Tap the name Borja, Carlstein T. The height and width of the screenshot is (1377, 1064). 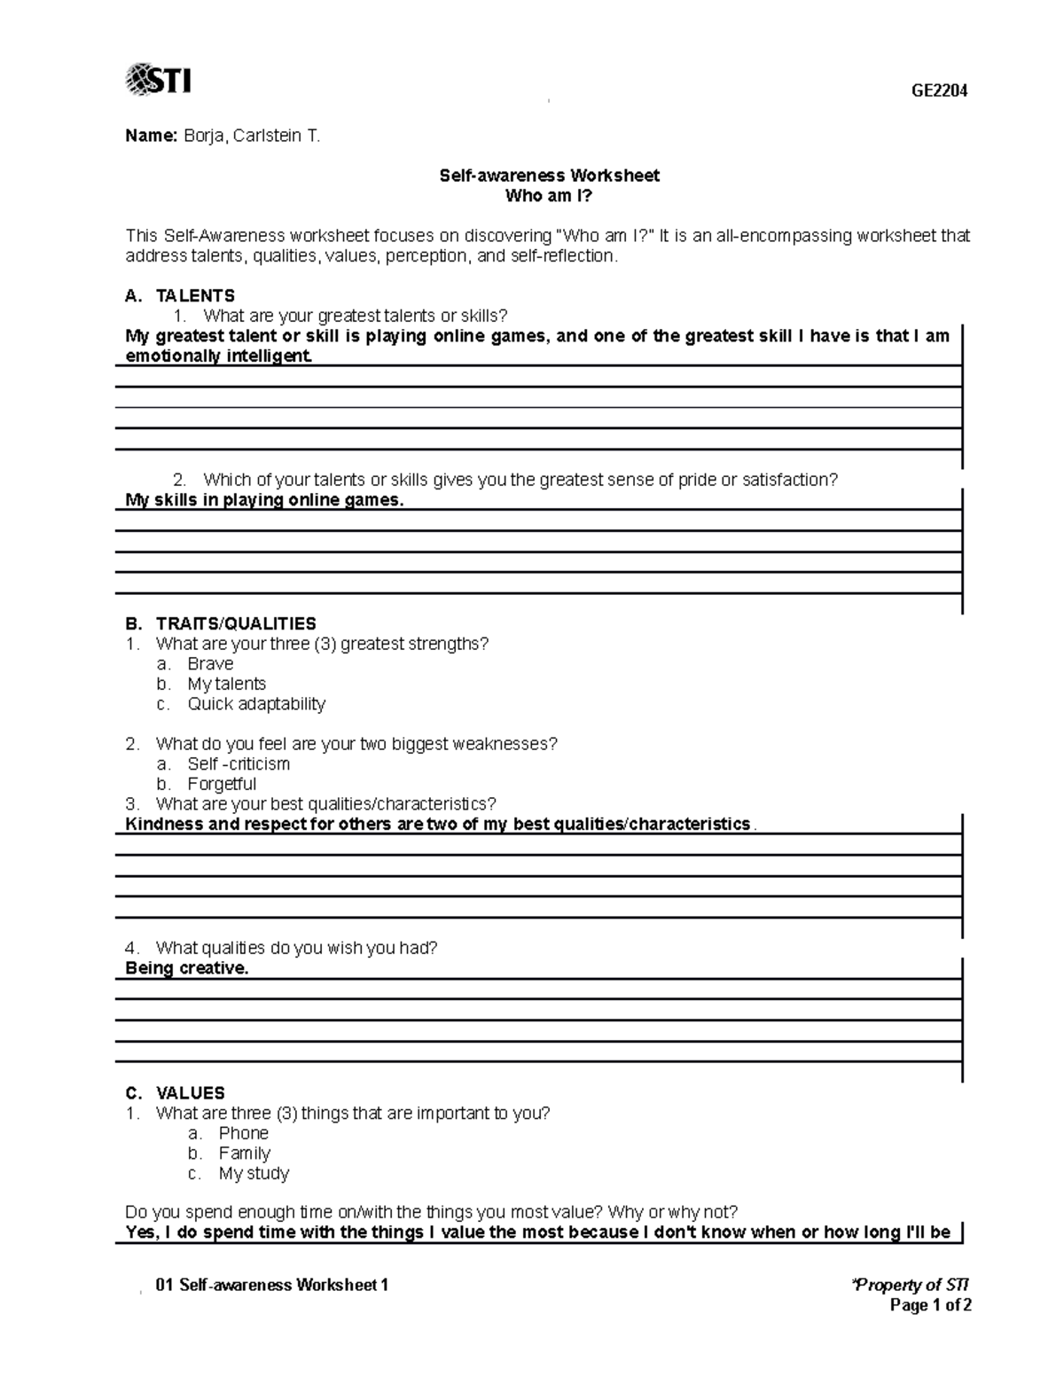pos(251,136)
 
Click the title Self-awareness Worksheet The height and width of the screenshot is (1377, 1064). pos(549,176)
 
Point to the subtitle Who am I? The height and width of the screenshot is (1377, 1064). pos(549,196)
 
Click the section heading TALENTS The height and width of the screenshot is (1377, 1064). pos(195,295)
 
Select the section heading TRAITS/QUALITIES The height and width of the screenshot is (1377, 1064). pos(236,623)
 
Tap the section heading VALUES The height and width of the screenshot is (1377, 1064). pos(190,1092)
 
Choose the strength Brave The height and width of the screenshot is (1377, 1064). pos(210,663)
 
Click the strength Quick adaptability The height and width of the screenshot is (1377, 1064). pos(256,704)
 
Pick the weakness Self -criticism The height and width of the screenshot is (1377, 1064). pos(239,763)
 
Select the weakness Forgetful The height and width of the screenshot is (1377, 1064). pos(222,784)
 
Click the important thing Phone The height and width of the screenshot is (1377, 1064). pos(243,1133)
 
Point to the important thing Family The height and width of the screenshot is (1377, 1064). pos(244,1153)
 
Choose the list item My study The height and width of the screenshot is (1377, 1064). pos(254,1173)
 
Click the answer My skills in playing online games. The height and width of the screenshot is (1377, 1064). pos(264,500)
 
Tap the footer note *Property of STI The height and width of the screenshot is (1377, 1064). pos(910,1285)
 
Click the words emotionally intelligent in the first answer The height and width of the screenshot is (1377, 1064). pos(218,356)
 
